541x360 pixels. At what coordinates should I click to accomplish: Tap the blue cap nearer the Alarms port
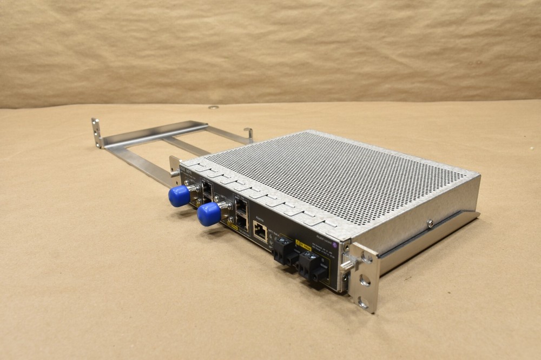pyautogui.click(x=208, y=215)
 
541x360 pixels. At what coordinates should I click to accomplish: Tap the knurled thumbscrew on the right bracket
pyautogui.click(x=348, y=263)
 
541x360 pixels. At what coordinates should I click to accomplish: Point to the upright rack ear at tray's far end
pyautogui.click(x=97, y=132)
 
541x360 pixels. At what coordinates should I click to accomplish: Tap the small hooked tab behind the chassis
pyautogui.click(x=248, y=133)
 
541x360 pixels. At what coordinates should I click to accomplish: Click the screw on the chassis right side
pyautogui.click(x=430, y=222)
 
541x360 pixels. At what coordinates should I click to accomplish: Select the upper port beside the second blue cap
pyautogui.click(x=242, y=206)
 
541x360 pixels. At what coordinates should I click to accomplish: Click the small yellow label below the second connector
pyautogui.click(x=234, y=228)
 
